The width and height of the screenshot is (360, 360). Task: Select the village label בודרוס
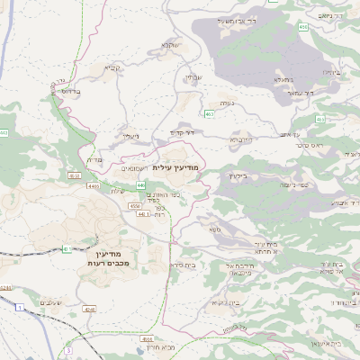pyautogui.click(x=67, y=91)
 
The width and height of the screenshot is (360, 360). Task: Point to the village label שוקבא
pyautogui.click(x=171, y=45)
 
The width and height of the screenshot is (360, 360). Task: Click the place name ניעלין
pyautogui.click(x=131, y=137)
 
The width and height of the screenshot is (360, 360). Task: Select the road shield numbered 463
pyautogui.click(x=209, y=114)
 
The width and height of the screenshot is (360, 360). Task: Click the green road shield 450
pyautogui.click(x=303, y=28)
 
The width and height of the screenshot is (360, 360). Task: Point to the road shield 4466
pyautogui.click(x=93, y=186)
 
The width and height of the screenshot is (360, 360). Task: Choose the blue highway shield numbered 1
pyautogui.click(x=19, y=308)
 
